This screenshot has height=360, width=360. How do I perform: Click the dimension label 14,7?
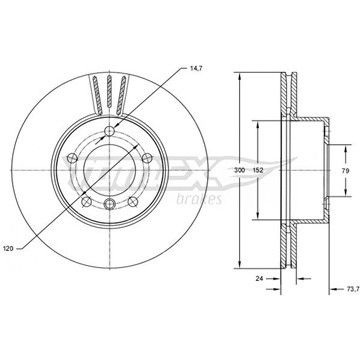196,68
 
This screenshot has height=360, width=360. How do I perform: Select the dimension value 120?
8,248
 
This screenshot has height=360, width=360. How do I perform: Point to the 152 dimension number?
258,170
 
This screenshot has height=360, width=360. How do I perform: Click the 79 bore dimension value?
345,170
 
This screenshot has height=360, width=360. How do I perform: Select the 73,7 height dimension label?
353,289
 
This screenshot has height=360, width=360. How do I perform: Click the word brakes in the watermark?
199,199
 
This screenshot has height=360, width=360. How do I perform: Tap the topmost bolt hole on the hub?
109,132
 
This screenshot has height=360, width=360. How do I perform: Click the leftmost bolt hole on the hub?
72,158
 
